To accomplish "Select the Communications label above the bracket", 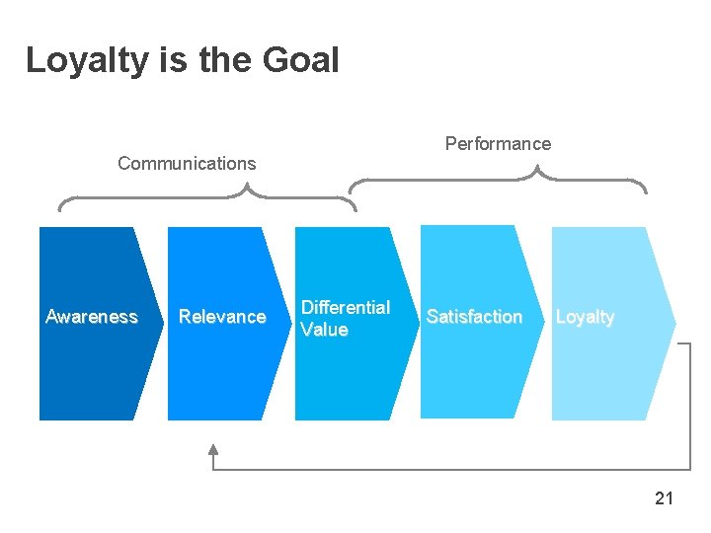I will point(187,164).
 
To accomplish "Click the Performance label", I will point(498,144).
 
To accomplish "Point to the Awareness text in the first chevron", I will point(92,317).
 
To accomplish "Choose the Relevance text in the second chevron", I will point(222,317).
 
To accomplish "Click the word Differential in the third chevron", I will point(346,307).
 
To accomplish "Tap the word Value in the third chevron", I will point(324,330).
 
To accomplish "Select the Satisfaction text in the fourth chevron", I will point(474,317).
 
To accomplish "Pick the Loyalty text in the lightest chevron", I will point(585,317).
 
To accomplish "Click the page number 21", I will point(664,498).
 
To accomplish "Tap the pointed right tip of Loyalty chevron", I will point(674,322).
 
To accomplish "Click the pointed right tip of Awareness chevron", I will point(163,323).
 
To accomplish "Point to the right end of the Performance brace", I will point(646,190).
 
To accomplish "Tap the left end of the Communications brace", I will point(60,209).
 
